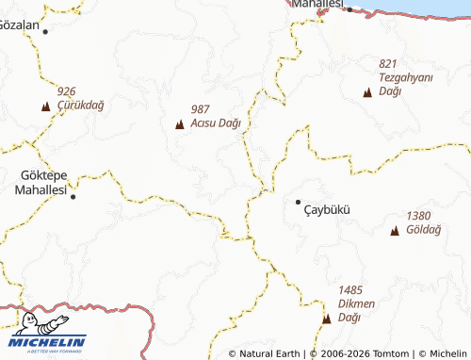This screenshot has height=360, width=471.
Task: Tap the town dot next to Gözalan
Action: tap(45, 31)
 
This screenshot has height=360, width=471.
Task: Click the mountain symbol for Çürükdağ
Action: tap(45, 106)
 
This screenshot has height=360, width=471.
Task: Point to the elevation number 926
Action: tap(66, 91)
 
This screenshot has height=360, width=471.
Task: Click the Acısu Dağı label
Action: tap(216, 123)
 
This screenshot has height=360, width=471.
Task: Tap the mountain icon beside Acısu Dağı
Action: tap(179, 124)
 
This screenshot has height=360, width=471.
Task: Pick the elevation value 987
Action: tap(200, 109)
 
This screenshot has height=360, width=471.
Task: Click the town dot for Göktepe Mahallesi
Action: tap(73, 197)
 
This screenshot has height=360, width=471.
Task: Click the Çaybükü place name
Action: tap(326, 209)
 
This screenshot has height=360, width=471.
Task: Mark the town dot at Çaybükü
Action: tap(299, 202)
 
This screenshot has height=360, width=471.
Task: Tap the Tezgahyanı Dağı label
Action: tap(403, 83)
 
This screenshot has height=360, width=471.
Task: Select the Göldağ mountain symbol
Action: tap(395, 231)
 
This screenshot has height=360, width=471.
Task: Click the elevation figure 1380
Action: tap(419, 216)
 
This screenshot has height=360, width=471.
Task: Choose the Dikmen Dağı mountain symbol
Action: tap(326, 319)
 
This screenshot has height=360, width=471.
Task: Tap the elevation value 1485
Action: tap(350, 290)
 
